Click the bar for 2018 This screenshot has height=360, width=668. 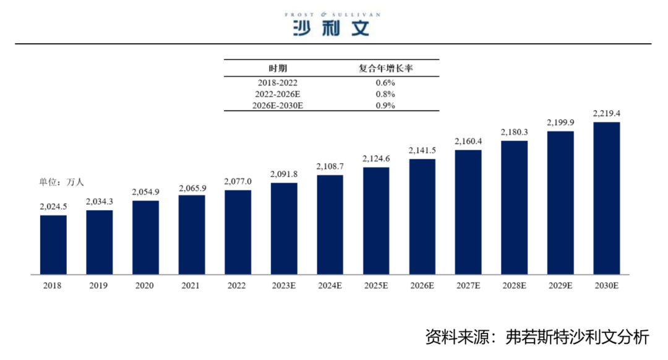(x=53, y=244)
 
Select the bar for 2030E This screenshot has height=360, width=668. (x=606, y=198)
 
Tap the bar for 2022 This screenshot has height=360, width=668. (x=238, y=232)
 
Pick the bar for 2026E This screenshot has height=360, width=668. (x=422, y=216)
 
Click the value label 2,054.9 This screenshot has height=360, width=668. (x=145, y=192)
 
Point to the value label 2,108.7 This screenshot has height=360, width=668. (x=330, y=166)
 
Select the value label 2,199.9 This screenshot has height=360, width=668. (x=560, y=123)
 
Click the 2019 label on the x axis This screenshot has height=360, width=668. (x=99, y=286)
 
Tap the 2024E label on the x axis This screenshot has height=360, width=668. (x=330, y=286)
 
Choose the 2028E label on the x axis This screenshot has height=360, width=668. (x=514, y=286)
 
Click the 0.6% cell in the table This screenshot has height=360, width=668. (x=385, y=82)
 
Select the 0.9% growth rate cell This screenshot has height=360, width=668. (x=385, y=105)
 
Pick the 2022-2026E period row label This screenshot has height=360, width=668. (x=278, y=94)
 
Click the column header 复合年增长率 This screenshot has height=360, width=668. (x=385, y=68)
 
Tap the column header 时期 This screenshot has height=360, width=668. (x=278, y=68)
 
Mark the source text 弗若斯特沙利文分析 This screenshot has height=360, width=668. (x=576, y=337)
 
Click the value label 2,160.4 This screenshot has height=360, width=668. (x=468, y=142)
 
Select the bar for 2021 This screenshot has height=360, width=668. (x=192, y=234)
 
